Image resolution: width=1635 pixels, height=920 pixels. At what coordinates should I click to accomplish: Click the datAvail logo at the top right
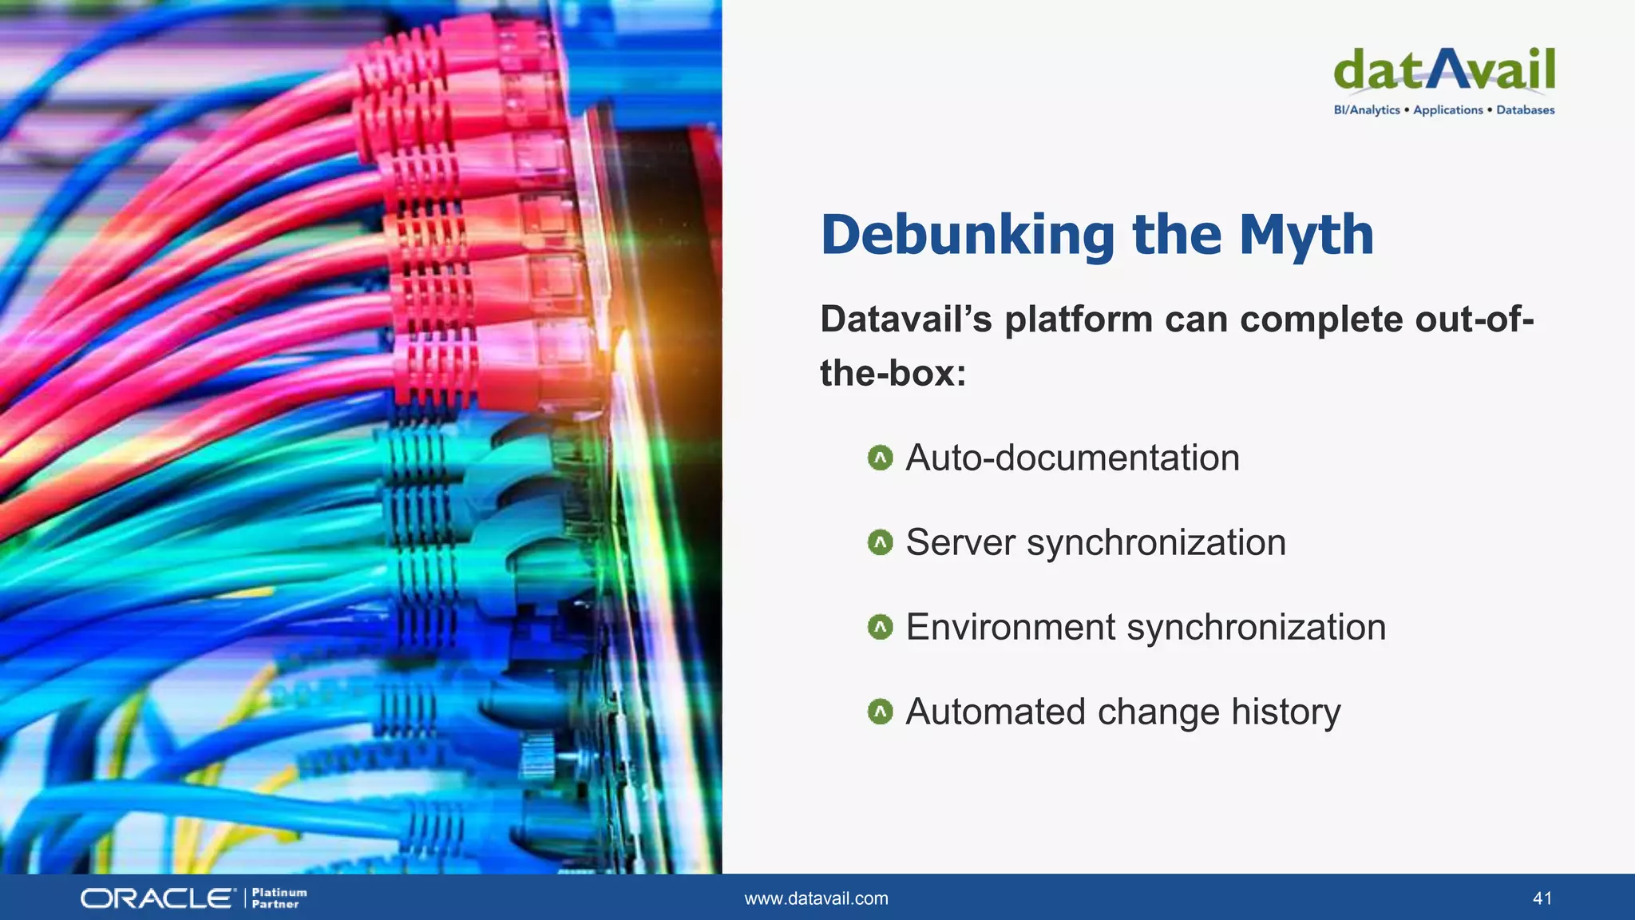1444,69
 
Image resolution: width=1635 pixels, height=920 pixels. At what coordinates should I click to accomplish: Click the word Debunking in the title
968,236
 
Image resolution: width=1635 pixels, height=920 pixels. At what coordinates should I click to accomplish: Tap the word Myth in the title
1306,236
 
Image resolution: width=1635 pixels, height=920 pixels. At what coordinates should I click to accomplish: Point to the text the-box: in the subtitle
893,374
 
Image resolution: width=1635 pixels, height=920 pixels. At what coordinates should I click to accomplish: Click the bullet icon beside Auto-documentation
880,458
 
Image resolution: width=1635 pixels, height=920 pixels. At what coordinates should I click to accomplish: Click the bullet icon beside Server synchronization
880,543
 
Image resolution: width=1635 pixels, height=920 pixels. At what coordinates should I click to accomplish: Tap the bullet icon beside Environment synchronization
880,628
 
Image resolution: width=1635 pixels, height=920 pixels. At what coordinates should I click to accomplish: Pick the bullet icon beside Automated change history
880,712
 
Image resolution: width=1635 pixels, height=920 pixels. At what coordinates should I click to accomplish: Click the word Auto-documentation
1072,458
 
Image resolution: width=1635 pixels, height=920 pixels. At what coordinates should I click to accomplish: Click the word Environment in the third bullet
1010,628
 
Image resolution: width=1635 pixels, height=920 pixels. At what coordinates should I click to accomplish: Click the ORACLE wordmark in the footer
157,898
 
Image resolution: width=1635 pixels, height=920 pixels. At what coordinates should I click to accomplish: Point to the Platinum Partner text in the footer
279,898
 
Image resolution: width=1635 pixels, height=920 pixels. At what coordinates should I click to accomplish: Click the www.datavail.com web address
816,898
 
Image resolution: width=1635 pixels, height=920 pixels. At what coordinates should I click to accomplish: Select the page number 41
1542,898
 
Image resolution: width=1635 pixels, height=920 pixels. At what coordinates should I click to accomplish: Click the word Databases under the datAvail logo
1525,110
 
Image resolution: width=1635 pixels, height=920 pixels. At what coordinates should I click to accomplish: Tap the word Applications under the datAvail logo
1447,110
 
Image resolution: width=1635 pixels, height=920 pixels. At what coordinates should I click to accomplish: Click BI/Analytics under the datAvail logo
1367,110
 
